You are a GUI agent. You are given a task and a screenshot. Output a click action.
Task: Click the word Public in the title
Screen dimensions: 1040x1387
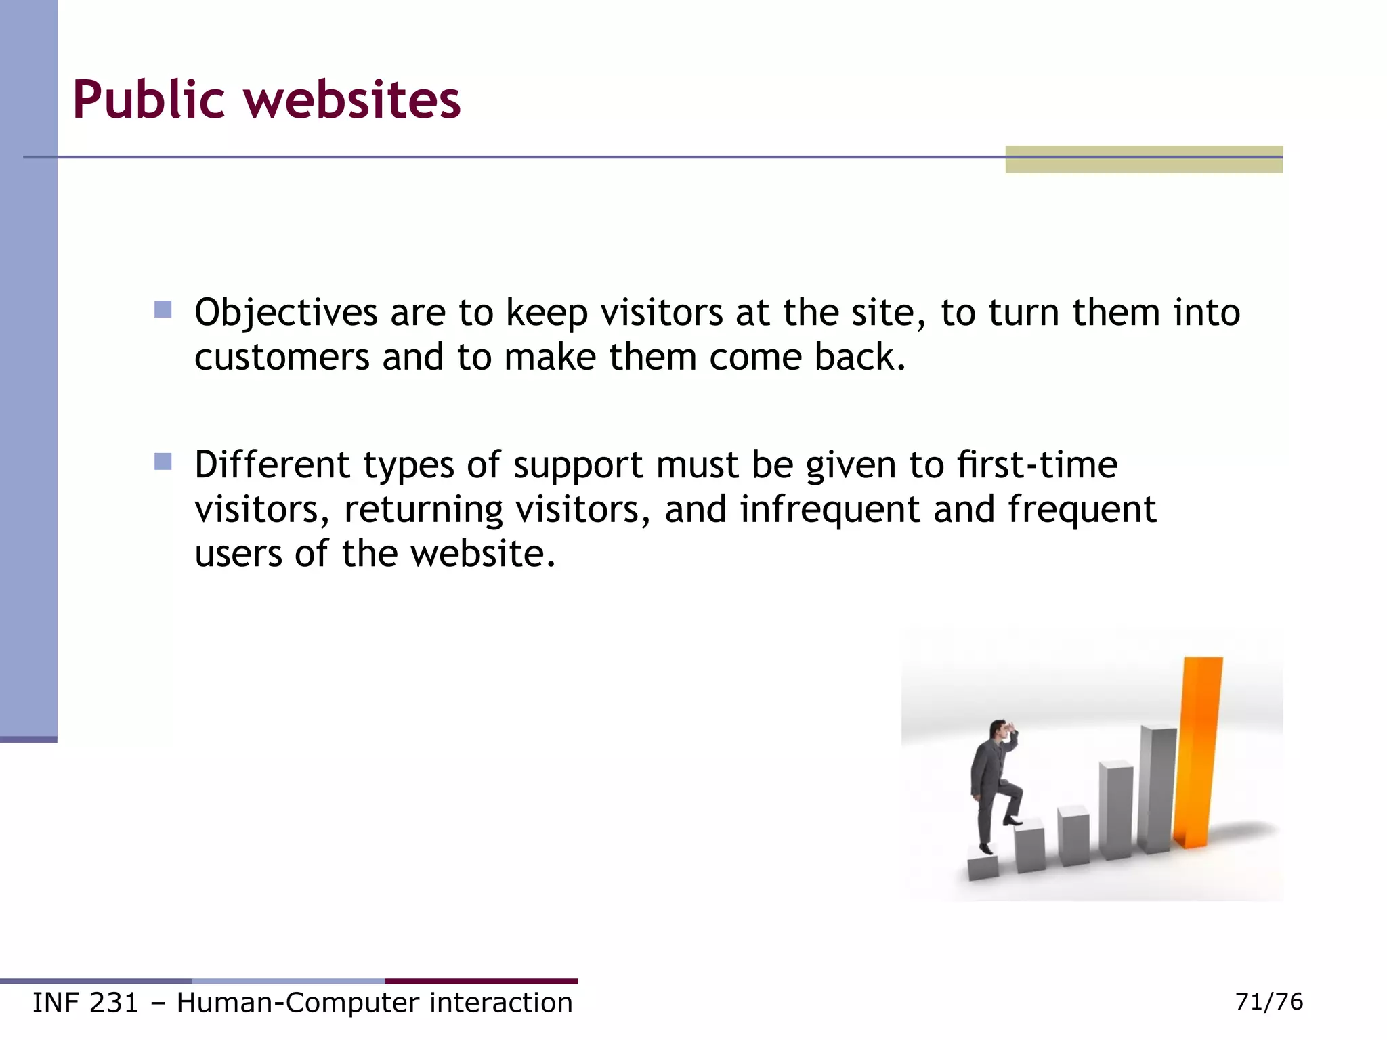pos(148,100)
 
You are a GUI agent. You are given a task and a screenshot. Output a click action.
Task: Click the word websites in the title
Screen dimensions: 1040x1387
pos(351,100)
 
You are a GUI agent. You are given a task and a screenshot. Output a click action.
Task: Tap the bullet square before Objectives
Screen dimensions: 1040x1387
pos(163,309)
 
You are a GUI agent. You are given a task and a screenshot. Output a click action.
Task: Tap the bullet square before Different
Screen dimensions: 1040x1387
pos(163,462)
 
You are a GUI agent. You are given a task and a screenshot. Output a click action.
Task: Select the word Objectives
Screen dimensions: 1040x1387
pos(286,313)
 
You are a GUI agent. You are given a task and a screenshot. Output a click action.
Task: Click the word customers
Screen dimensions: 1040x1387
pos(282,357)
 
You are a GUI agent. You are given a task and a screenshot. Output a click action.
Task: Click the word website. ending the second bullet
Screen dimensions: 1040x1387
pos(483,554)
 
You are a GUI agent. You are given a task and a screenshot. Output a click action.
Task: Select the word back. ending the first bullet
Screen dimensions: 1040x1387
pos(860,357)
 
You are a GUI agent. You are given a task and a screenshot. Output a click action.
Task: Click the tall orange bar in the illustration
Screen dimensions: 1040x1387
pos(1199,752)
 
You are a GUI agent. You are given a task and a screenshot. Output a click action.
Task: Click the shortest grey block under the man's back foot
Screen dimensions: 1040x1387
pos(983,867)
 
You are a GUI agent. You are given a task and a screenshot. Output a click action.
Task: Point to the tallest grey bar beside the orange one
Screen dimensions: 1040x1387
pos(1157,789)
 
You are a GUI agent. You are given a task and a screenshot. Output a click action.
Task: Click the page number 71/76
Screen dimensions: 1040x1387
pos(1268,1001)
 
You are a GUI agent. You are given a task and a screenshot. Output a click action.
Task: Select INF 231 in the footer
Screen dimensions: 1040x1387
pos(85,1003)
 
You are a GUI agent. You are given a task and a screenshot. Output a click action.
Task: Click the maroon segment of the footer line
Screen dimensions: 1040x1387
pos(481,981)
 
